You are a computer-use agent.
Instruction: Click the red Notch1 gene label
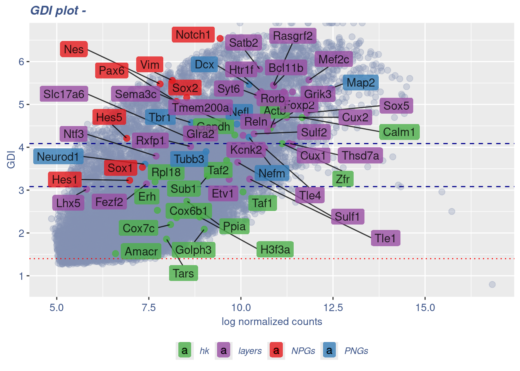click(x=193, y=35)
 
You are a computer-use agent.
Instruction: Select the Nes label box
click(x=74, y=49)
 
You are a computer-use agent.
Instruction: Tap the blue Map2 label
click(x=361, y=83)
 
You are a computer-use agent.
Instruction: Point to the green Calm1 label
click(x=399, y=132)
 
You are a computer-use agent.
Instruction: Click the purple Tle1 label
click(x=385, y=238)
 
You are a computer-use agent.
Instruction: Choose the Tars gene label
click(x=183, y=274)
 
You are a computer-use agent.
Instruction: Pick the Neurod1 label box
click(x=58, y=157)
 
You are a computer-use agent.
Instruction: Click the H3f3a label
click(x=275, y=250)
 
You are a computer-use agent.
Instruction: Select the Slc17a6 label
click(x=64, y=94)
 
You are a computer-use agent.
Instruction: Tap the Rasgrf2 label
click(x=292, y=36)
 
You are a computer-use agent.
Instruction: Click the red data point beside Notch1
click(x=220, y=38)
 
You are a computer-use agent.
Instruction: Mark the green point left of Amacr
click(x=115, y=254)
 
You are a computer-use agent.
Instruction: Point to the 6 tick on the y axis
click(x=21, y=62)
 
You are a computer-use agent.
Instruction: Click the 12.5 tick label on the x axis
click(x=333, y=308)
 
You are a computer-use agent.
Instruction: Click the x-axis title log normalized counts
click(x=272, y=322)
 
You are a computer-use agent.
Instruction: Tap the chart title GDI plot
click(x=58, y=10)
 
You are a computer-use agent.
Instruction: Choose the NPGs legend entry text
click(x=303, y=351)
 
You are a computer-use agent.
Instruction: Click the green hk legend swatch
click(x=185, y=351)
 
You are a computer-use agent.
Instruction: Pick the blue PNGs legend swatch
click(x=329, y=351)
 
